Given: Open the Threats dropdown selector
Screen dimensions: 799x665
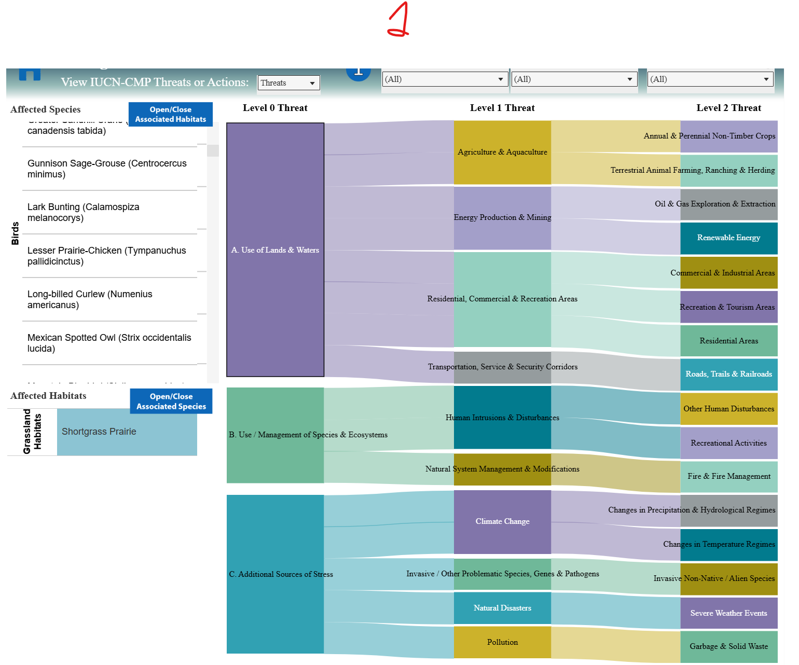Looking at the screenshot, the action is click(x=288, y=83).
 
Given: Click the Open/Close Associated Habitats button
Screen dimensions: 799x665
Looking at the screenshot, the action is click(x=170, y=114).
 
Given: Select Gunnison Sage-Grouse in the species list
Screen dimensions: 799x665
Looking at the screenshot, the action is click(x=107, y=169).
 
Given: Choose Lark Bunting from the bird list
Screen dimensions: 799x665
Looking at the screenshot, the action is click(x=84, y=212).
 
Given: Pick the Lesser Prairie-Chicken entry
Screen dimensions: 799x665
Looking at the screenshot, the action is click(x=106, y=256).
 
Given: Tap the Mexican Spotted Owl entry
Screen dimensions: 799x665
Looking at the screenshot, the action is click(x=109, y=343).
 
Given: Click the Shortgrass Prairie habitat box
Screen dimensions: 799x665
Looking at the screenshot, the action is click(x=127, y=432).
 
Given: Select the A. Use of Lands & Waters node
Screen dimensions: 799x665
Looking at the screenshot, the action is click(x=275, y=250).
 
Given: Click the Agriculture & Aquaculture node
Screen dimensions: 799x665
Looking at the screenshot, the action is click(x=502, y=152).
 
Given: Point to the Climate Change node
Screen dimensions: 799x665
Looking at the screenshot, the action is click(x=502, y=521).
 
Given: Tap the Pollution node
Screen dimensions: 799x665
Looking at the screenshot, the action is click(x=502, y=642).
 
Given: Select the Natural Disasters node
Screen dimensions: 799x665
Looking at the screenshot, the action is click(x=502, y=608).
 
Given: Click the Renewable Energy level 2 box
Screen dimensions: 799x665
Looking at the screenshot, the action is click(x=728, y=238).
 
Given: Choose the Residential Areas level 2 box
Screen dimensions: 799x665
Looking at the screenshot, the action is click(x=728, y=341).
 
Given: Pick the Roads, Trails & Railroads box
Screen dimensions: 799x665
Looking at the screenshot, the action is click(x=728, y=374).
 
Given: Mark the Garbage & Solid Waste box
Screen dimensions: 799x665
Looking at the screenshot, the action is click(x=728, y=646).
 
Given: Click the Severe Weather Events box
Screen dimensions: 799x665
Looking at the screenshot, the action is click(x=728, y=613).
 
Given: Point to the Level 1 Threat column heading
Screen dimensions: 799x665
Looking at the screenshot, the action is click(x=502, y=108).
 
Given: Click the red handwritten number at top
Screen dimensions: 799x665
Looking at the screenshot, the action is click(x=398, y=20).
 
